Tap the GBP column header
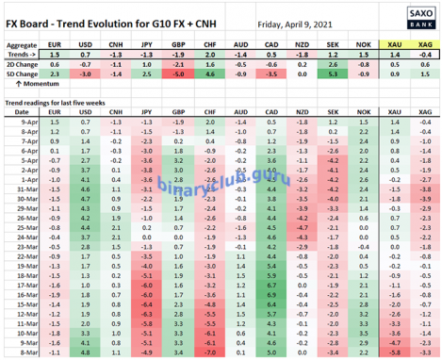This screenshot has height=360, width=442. tap(176, 44)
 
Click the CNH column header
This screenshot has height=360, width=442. tap(115, 44)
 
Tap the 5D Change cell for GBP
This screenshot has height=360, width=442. tap(176, 73)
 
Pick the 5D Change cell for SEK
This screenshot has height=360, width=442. tap(330, 73)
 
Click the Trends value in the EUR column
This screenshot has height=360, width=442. tap(54, 54)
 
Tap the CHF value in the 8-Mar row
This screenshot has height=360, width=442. tap(207, 352)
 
